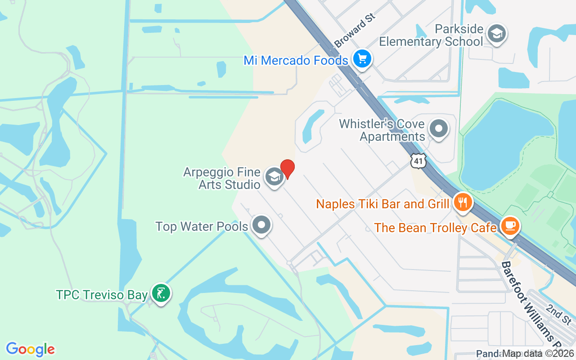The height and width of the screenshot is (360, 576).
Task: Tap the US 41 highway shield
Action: click(418, 161)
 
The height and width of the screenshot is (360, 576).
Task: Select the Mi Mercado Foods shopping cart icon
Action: click(362, 59)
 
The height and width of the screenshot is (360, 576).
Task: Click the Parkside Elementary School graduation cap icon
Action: click(497, 34)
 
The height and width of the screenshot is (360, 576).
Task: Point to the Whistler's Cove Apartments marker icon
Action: click(438, 129)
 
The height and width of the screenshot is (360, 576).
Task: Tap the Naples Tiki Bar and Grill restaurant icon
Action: click(462, 202)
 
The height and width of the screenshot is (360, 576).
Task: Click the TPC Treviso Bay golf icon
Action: click(161, 294)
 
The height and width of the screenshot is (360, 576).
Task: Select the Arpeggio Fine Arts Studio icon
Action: click(274, 177)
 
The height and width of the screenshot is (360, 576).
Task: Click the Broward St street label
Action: click(355, 30)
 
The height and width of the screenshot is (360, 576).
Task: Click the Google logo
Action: click(30, 349)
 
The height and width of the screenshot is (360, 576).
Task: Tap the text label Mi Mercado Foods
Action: click(296, 60)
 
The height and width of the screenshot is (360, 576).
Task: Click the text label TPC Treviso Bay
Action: click(102, 295)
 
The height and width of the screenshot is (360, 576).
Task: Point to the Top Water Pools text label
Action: click(202, 226)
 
